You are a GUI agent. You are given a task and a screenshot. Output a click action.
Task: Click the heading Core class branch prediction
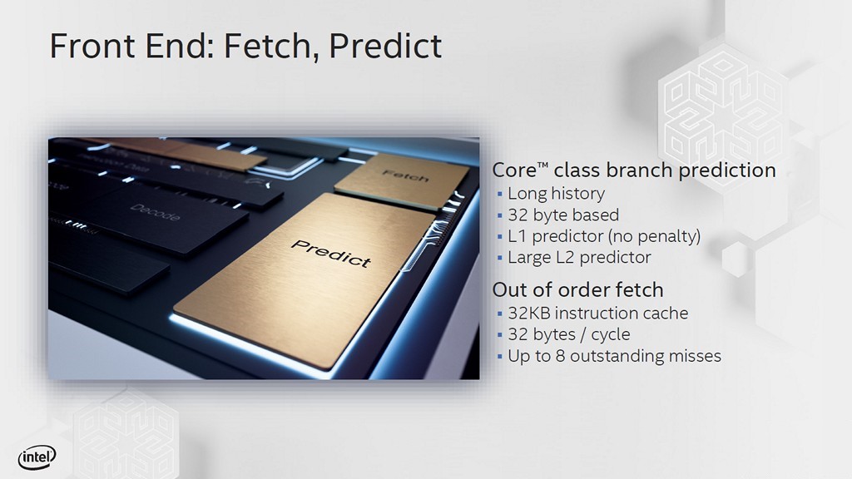tap(634, 170)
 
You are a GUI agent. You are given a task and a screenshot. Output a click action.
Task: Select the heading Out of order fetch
tap(577, 290)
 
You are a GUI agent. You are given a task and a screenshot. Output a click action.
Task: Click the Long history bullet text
tap(556, 194)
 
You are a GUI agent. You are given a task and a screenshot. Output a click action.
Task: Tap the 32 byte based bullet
tap(563, 215)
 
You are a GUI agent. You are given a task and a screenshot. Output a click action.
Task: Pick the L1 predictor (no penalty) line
tap(604, 236)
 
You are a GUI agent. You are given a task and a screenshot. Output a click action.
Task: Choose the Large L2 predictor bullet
tap(579, 257)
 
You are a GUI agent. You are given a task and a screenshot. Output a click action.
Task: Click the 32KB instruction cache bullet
tap(597, 314)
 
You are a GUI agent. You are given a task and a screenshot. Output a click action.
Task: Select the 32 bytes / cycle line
tap(568, 334)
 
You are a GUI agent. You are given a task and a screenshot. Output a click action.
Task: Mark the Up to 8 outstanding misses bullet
tap(614, 356)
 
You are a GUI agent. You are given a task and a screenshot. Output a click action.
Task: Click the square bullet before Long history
tap(500, 195)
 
